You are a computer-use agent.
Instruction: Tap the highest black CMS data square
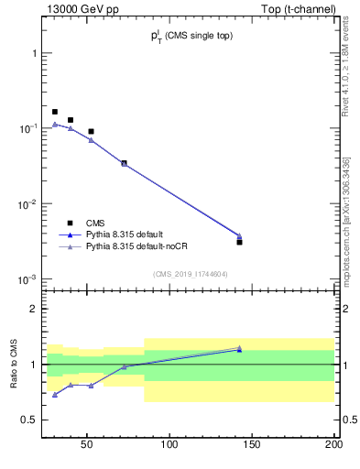pos(55,112)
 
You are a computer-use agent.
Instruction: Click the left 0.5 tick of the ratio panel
pos(33,420)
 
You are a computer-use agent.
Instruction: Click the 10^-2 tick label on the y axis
pos(30,204)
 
